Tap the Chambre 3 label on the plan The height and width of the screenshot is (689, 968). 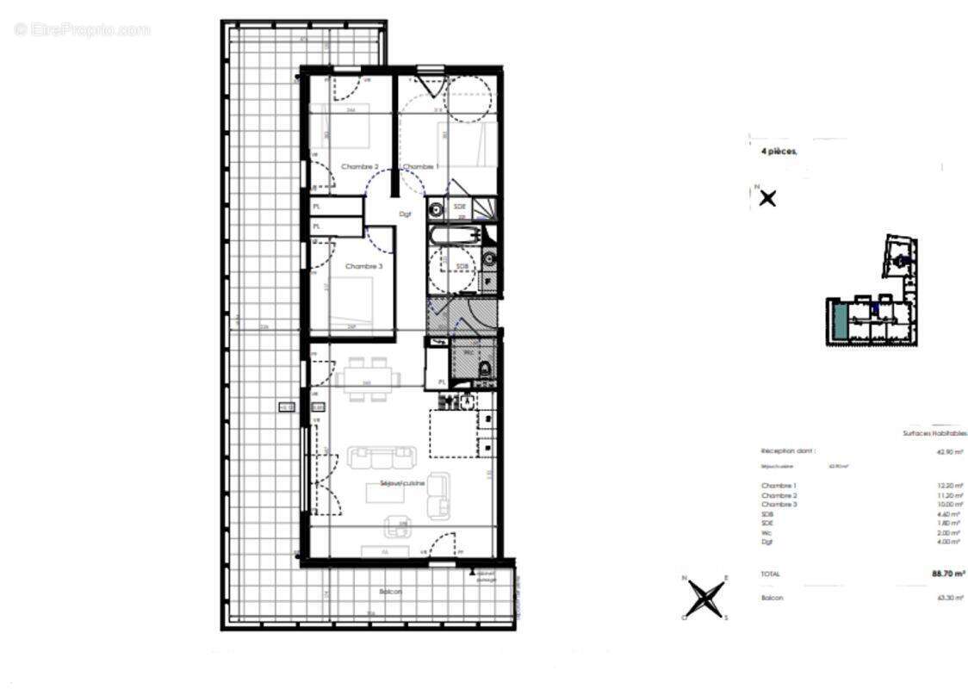[363, 267]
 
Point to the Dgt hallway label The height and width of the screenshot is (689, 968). [405, 214]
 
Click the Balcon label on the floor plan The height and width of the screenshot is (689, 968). [390, 593]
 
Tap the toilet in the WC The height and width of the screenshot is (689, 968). [484, 370]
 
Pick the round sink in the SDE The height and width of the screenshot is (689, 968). [436, 208]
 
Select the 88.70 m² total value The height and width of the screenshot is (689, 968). [947, 573]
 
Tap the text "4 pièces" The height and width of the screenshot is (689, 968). [779, 151]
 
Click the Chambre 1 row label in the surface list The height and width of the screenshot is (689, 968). [779, 486]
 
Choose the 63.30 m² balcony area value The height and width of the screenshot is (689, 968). [950, 598]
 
